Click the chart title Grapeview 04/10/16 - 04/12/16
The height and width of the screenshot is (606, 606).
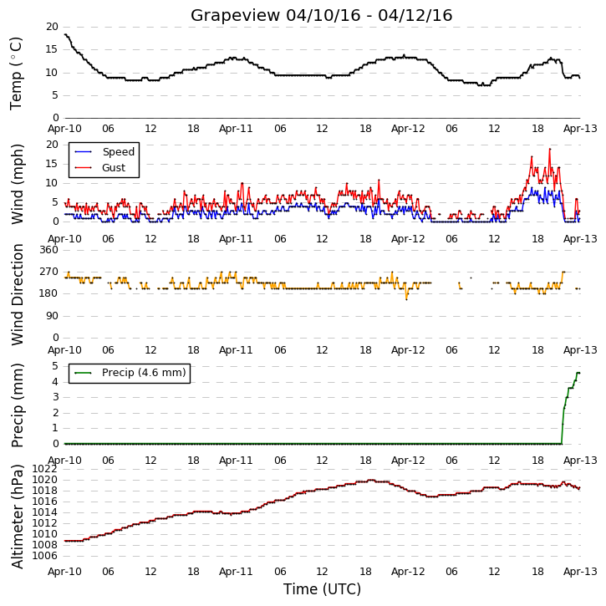321,15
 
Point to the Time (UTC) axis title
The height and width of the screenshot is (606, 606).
322,589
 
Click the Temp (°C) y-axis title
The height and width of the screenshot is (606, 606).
16,74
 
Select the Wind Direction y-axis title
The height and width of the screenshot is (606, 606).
17,294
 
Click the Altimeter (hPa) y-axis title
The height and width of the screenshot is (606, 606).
17,517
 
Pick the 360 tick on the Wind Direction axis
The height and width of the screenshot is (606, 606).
49,250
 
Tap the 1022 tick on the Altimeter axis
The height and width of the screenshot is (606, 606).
44,469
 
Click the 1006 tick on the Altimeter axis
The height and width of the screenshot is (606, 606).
44,556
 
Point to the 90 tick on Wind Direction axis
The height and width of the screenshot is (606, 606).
52,316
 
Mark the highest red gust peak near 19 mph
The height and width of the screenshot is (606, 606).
549,149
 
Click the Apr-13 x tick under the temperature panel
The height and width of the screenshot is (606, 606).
580,129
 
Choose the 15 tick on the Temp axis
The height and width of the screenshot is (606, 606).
52,49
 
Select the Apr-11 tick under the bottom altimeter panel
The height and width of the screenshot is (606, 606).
236,571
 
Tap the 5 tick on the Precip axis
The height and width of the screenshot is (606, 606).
55,365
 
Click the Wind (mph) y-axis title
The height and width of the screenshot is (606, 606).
17,184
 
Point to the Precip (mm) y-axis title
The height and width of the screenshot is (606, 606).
17,405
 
